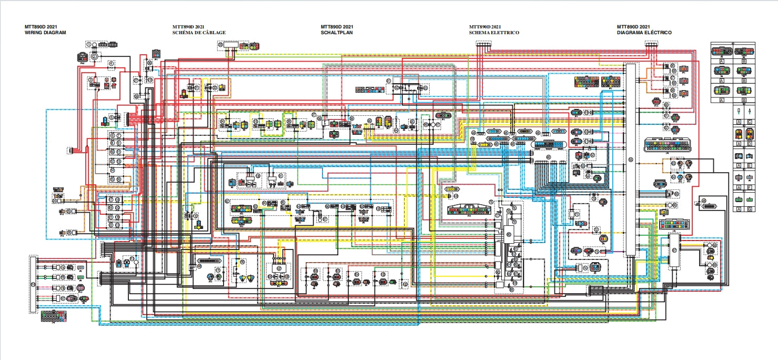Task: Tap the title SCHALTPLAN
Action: [337, 33]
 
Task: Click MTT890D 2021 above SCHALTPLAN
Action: [337, 26]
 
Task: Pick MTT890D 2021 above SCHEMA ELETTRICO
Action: [485, 26]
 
